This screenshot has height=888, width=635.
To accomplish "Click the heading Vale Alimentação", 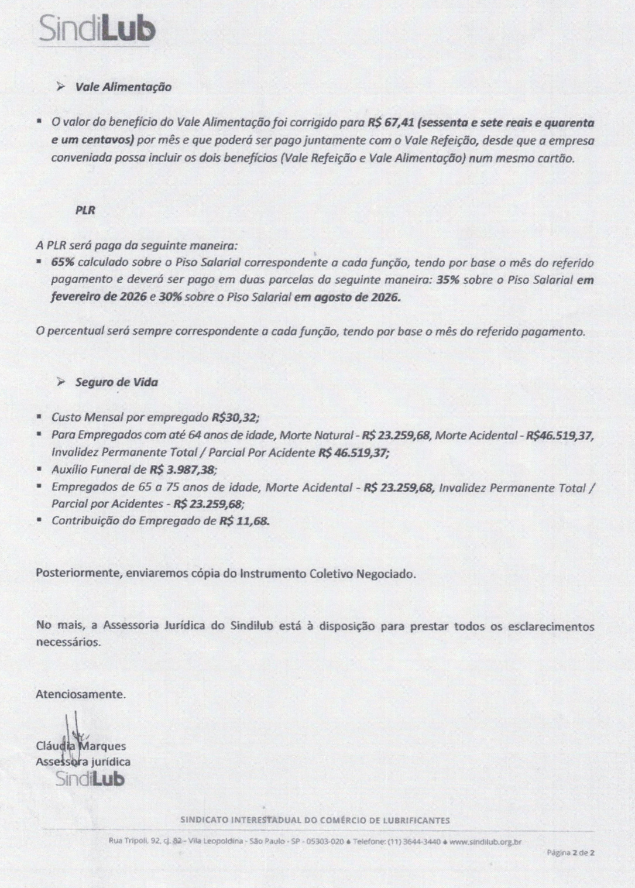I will (123, 87).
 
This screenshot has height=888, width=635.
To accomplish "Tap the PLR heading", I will (85, 210).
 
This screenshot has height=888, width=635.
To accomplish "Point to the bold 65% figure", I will (63, 262).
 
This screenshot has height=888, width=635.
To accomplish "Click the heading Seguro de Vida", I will (116, 382).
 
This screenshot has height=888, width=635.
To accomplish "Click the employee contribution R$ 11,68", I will (244, 520).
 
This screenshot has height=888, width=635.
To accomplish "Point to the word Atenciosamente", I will (80, 695).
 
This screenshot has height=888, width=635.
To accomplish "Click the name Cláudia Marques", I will (81, 746).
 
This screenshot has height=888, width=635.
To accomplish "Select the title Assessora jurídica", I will (83, 762).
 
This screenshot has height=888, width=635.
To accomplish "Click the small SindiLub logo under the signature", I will (90, 779).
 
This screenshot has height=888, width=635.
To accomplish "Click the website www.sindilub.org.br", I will (486, 842).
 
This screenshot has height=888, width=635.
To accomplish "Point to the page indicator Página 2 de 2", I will (571, 853).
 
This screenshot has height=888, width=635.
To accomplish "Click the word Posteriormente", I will (77, 574).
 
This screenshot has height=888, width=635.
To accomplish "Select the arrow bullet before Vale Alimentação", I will (60, 87).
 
